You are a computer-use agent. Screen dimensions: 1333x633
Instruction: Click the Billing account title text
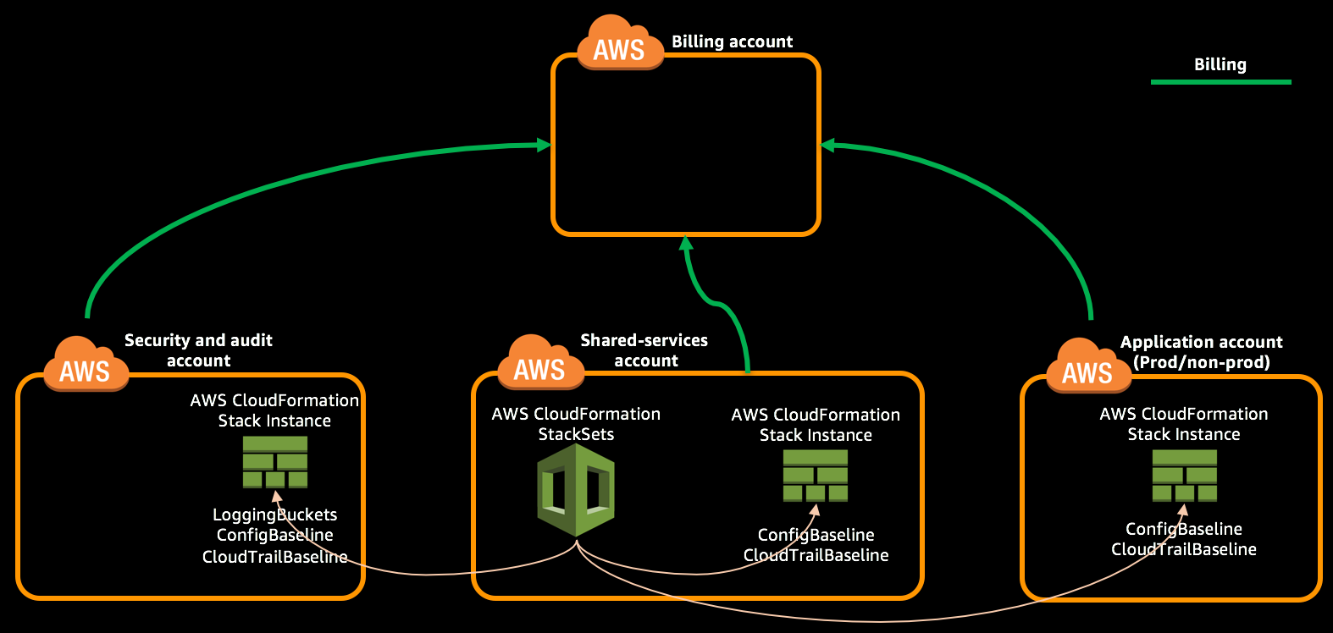[732, 41]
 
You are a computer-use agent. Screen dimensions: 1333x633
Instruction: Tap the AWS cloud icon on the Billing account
[620, 43]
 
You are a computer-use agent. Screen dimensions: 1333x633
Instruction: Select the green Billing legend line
[1220, 82]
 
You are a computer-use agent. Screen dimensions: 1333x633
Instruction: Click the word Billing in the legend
[1220, 64]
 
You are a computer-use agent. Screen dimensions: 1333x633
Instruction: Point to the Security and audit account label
[198, 350]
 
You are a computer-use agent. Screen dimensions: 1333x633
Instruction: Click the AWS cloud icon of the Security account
[86, 364]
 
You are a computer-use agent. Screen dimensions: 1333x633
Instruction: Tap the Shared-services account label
[644, 350]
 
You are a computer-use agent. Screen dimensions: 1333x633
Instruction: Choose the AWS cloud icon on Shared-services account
[540, 362]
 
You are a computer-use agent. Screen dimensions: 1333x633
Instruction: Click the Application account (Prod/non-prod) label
[1202, 351]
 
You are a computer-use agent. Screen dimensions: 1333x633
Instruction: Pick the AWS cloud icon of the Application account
[1088, 366]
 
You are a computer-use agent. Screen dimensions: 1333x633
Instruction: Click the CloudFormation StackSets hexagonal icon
[575, 490]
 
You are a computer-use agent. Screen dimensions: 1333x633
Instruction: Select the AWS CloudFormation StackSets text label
[576, 424]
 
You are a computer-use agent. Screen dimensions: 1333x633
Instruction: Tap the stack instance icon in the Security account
[275, 462]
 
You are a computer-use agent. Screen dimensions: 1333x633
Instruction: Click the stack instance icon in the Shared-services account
[816, 476]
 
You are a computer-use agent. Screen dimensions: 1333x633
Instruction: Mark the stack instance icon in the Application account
[1184, 476]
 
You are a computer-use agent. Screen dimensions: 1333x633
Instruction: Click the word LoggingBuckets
[275, 515]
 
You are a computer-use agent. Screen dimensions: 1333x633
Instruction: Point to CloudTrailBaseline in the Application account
[1184, 549]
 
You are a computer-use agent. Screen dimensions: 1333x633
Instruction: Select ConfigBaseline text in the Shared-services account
[816, 535]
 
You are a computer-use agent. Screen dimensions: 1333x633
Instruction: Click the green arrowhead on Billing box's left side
[544, 145]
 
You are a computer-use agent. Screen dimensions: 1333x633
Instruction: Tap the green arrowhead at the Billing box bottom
[686, 243]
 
